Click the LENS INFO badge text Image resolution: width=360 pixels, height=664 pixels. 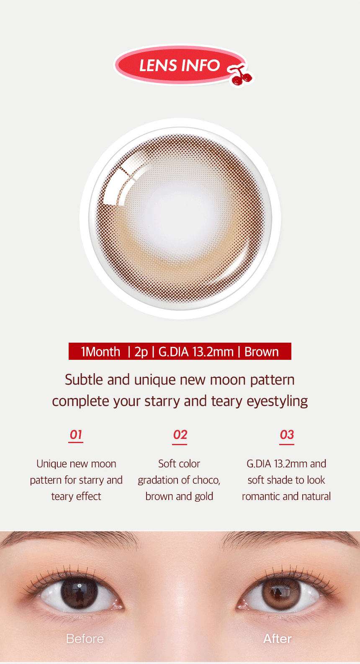click(x=180, y=65)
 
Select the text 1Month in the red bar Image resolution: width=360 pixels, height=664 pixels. click(x=100, y=352)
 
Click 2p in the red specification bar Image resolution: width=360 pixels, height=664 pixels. click(x=141, y=352)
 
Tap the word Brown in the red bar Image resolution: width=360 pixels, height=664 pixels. click(x=262, y=352)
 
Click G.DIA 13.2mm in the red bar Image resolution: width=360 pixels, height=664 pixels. click(x=196, y=352)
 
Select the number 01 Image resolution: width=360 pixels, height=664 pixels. click(x=76, y=435)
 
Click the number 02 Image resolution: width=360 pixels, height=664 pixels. click(x=180, y=435)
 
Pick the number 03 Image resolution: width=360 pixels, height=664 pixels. click(x=287, y=435)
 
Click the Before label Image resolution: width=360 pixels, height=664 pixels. click(x=85, y=639)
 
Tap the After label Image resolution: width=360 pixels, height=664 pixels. click(x=278, y=639)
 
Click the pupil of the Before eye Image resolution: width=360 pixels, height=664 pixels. click(x=79, y=593)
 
